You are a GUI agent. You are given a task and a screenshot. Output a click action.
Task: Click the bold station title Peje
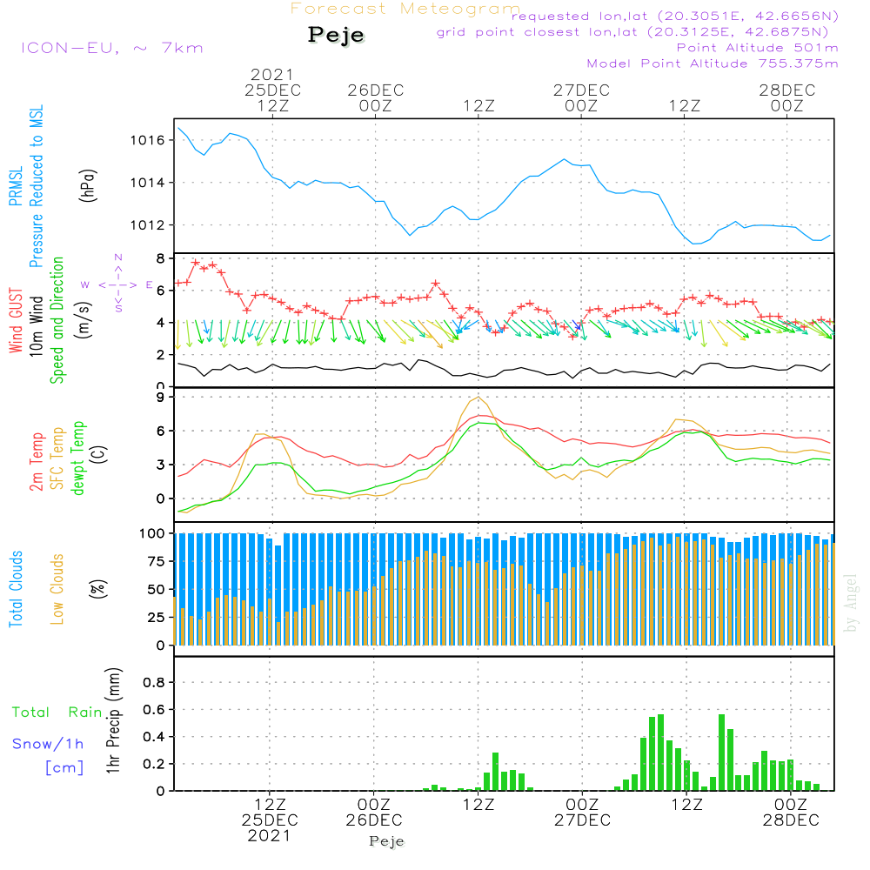click(x=337, y=36)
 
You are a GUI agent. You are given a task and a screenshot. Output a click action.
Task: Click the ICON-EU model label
click(x=111, y=48)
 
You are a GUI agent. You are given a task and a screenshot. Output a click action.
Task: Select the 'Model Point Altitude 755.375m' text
click(x=713, y=64)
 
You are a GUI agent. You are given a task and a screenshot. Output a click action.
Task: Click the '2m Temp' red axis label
click(x=37, y=460)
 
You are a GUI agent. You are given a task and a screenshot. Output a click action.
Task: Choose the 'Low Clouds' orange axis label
click(x=58, y=588)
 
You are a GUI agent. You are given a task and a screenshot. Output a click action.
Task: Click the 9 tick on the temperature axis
click(x=161, y=398)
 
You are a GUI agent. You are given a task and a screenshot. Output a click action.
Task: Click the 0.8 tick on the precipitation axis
click(x=153, y=683)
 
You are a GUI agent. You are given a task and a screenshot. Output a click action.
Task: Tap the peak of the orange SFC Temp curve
click(x=478, y=398)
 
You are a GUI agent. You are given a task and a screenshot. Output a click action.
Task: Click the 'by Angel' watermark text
click(x=851, y=603)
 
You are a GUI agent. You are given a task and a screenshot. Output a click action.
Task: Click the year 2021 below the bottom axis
click(x=270, y=836)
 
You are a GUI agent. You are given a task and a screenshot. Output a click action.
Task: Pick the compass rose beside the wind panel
click(x=117, y=284)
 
